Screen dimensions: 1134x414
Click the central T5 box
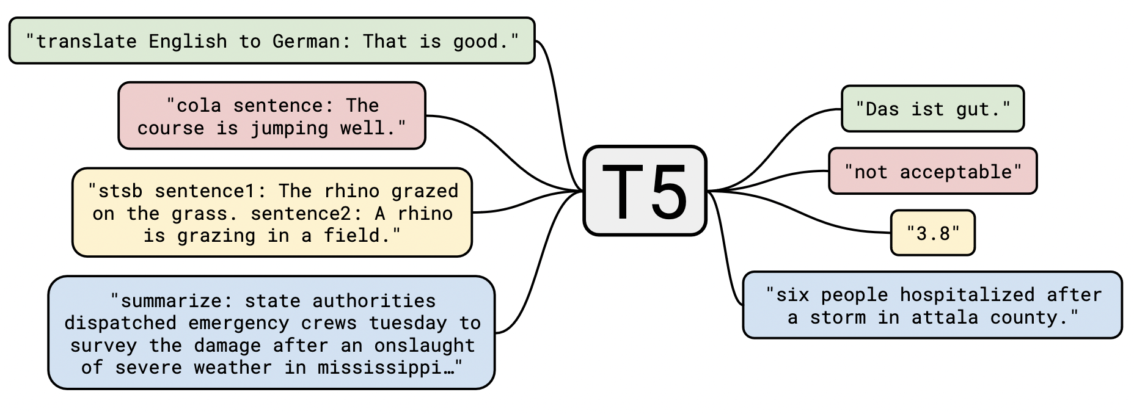(645, 191)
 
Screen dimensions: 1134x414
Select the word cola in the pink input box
(199, 106)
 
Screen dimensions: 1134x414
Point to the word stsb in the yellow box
(120, 191)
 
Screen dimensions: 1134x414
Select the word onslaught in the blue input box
(425, 346)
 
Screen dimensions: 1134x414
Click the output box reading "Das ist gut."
(932, 109)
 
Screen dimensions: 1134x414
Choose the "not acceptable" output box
(932, 171)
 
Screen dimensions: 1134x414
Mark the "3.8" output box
(932, 233)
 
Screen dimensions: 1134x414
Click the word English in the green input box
(188, 42)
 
